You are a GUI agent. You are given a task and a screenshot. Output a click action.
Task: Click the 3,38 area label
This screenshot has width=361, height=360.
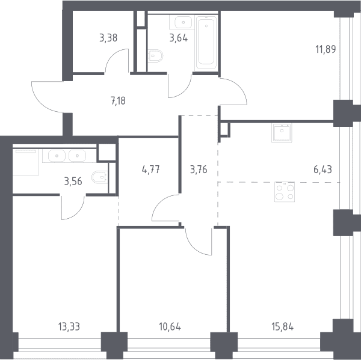[108, 38]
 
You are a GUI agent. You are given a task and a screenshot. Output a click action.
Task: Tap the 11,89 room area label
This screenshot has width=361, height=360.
[326, 49]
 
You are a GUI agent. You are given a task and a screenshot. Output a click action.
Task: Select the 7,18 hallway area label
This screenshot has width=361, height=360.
[118, 101]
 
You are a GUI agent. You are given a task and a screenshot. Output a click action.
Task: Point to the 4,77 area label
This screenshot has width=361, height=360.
[151, 169]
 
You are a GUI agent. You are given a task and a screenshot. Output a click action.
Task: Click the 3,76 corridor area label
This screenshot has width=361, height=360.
[199, 169]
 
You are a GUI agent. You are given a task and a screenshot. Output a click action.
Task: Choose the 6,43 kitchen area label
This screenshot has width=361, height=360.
[322, 169]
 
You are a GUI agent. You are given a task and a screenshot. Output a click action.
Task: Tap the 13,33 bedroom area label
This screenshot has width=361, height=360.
[69, 327]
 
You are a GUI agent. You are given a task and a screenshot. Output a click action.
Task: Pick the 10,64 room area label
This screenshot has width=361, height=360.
[170, 327]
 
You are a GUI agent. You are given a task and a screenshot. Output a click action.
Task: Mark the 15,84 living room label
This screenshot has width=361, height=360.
[283, 327]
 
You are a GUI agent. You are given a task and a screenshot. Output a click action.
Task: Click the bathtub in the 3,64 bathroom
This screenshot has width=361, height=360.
[206, 43]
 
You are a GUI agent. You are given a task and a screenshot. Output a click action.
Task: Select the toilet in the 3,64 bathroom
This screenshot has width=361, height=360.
[155, 56]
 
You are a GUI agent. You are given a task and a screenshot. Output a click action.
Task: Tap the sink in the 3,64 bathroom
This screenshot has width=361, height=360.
[184, 22]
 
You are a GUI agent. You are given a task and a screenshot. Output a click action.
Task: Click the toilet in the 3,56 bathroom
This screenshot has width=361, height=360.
[100, 177]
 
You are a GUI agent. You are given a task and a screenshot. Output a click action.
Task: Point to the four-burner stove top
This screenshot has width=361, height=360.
[285, 192]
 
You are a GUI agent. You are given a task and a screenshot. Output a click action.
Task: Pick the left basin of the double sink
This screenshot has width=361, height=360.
[57, 156]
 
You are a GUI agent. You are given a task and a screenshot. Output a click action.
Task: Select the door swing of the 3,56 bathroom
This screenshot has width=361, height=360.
[73, 207]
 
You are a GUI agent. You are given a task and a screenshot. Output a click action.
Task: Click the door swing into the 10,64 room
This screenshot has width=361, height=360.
[199, 242]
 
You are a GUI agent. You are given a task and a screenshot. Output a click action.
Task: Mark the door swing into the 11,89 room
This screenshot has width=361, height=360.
[233, 91]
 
